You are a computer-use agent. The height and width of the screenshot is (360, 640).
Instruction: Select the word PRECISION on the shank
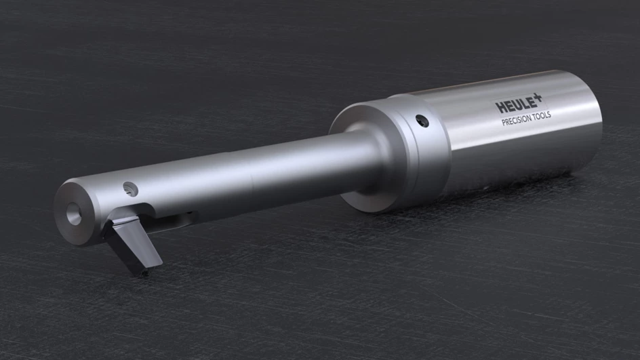pos(515,119)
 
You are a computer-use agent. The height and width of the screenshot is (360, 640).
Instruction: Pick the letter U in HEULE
pos(517,105)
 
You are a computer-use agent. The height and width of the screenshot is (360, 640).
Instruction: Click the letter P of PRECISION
pos(503,123)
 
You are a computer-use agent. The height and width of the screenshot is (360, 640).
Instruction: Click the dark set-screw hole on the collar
pos(422,121)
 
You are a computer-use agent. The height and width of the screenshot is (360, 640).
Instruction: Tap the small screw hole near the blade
pos(130,189)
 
